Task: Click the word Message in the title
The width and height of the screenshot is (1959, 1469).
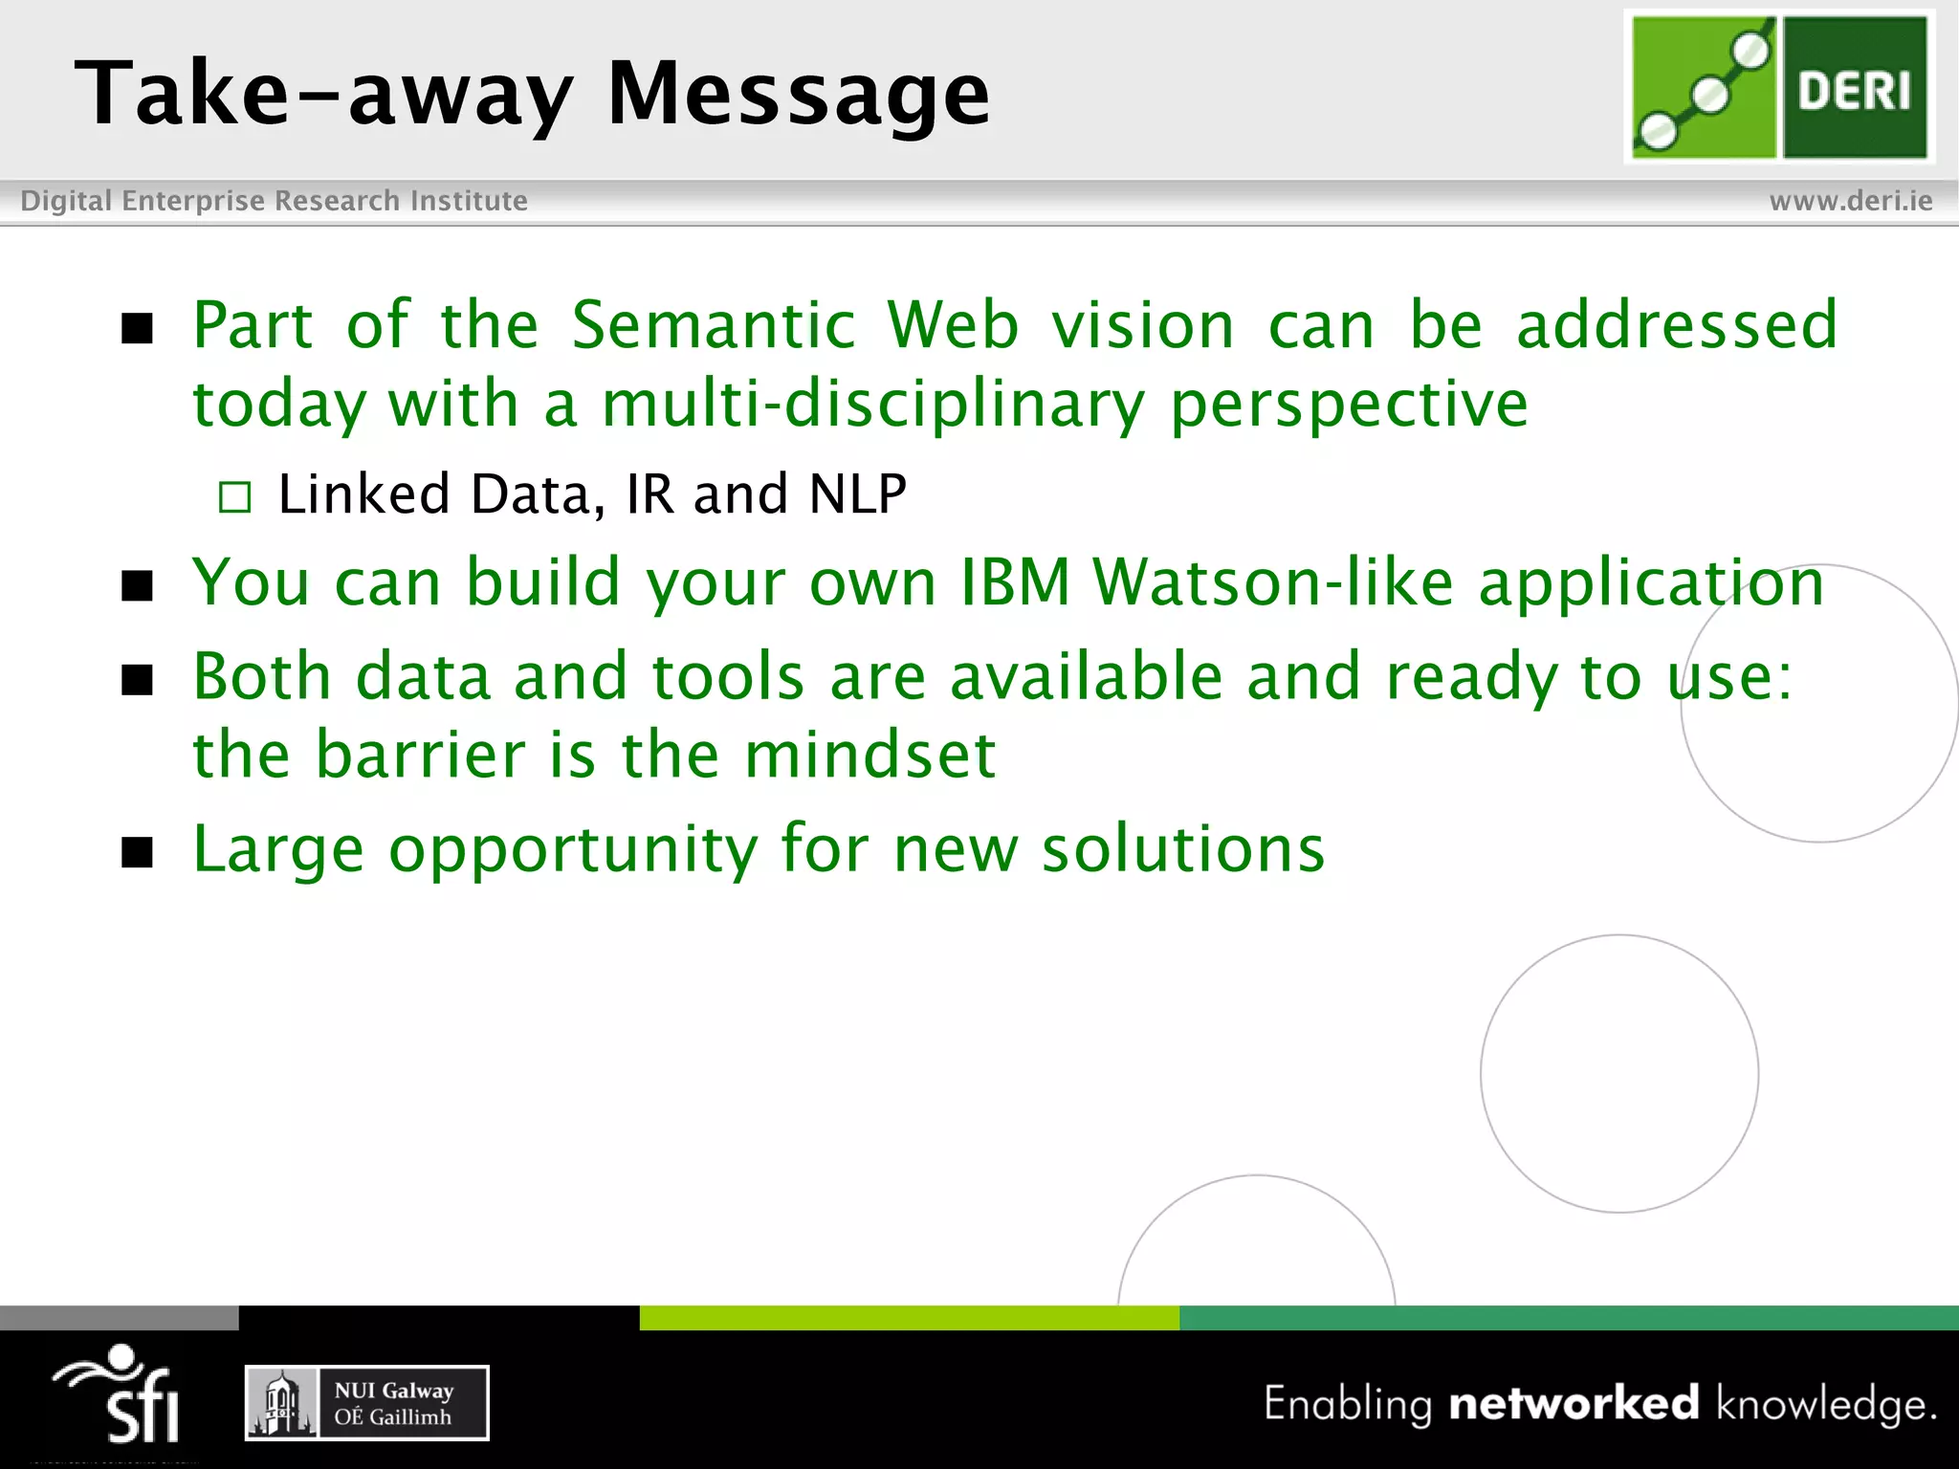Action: coord(799,94)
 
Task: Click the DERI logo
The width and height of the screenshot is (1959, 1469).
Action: coord(1779,87)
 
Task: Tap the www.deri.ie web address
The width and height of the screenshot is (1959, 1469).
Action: coord(1850,201)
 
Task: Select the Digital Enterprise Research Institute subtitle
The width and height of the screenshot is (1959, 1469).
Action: coord(274,201)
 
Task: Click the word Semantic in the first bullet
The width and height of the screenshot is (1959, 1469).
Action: coord(713,325)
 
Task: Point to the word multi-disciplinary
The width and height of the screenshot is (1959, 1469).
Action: coord(872,404)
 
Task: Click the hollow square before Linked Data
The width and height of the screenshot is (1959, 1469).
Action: coord(234,497)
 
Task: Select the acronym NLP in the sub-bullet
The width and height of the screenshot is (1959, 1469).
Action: coord(857,494)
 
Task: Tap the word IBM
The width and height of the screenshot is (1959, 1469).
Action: coord(1015,581)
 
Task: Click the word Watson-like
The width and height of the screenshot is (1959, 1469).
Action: coord(1273,581)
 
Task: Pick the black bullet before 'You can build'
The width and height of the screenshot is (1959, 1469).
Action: coord(138,585)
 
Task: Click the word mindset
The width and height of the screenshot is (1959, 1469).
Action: coord(870,755)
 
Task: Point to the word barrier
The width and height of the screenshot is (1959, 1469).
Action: coord(421,755)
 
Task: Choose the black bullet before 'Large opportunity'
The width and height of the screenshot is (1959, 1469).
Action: coord(138,851)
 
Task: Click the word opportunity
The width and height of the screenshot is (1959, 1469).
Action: coord(573,850)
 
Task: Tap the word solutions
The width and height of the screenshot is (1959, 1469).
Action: coord(1183,848)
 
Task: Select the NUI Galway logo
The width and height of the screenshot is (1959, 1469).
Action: coord(367,1403)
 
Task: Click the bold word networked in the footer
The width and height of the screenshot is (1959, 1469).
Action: coord(1574,1403)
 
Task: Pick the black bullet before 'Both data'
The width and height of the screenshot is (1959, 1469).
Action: coord(138,680)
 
